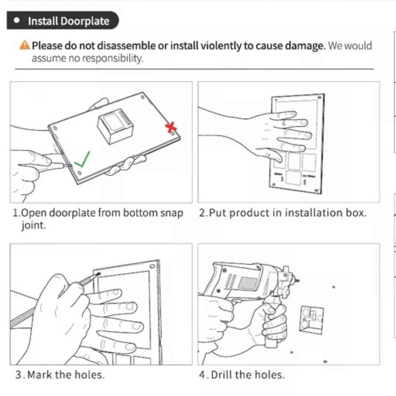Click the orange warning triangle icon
(25, 45)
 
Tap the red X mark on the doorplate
(171, 128)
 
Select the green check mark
(82, 159)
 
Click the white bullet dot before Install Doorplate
(17, 21)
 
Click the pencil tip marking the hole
(99, 274)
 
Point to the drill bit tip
(298, 280)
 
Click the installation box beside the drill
(311, 320)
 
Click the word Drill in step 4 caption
(221, 374)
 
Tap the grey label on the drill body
(248, 283)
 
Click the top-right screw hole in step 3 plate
(152, 266)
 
